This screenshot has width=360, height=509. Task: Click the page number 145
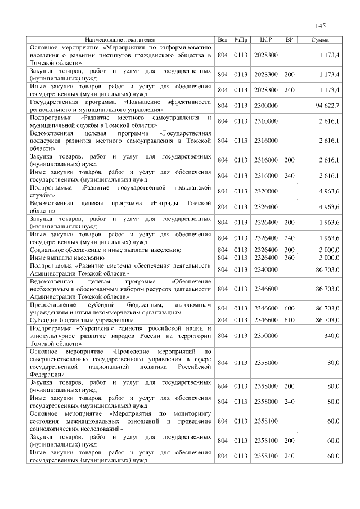pos(321,26)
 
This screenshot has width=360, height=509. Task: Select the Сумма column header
pos(320,40)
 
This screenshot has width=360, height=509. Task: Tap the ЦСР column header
pos(267,40)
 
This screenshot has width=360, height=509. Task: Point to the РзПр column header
pos(241,40)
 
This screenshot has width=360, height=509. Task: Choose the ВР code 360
pos(289,258)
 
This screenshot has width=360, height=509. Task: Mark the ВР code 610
pos(289,320)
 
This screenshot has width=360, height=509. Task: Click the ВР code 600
pos(289,308)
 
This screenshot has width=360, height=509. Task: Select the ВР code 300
pos(289,250)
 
